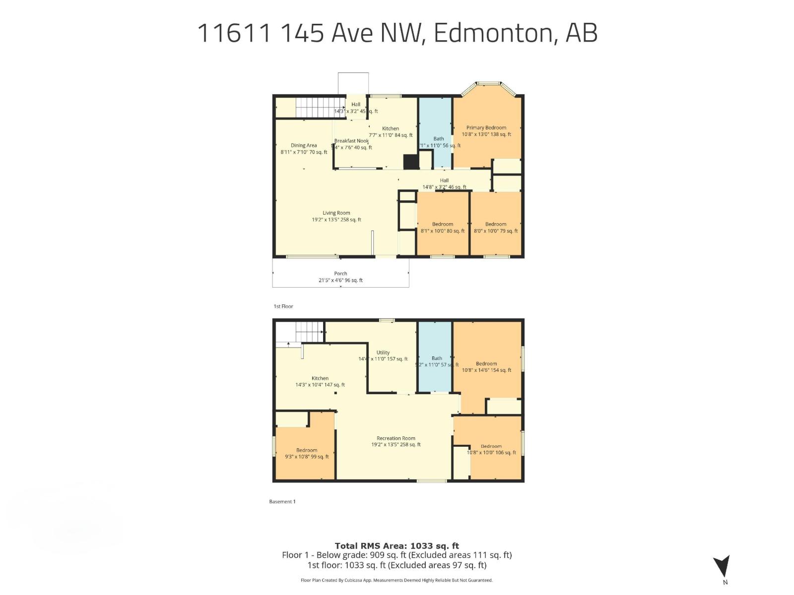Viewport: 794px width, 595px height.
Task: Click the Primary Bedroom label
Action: [x=486, y=128]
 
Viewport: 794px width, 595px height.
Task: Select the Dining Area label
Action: [x=304, y=146]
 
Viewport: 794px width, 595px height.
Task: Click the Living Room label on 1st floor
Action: [x=336, y=213]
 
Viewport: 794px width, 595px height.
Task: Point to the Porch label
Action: [x=340, y=274]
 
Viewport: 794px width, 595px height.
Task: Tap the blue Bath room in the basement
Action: [x=435, y=377]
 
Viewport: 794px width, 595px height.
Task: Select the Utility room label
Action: [x=383, y=353]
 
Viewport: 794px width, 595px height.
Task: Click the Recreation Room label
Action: [x=396, y=438]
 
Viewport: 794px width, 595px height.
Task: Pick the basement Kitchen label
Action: [x=320, y=378]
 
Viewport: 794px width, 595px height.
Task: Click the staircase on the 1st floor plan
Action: [x=312, y=107]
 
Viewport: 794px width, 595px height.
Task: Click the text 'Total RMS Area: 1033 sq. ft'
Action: [x=397, y=546]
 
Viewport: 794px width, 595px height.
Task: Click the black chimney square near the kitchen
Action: [x=410, y=162]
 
